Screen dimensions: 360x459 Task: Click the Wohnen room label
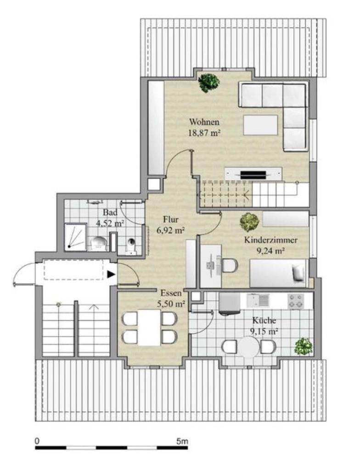coord(204,122)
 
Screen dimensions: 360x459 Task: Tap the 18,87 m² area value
coord(204,133)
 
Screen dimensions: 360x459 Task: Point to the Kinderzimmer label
coord(271,241)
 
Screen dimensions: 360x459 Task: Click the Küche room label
coord(264,320)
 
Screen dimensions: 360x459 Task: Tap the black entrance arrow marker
coord(111,274)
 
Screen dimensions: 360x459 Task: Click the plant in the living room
coord(209,83)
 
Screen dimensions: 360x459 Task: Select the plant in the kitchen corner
coord(304,347)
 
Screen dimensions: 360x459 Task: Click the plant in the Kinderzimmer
coord(249,222)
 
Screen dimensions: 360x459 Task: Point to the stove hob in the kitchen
coord(296,302)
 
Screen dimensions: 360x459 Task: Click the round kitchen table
coord(248,347)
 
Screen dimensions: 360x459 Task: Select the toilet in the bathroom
coord(131,245)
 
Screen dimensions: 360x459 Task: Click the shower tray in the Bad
coord(76,237)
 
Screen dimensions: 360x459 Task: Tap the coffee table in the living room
coord(260,125)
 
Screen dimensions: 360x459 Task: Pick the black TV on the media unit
coord(253,175)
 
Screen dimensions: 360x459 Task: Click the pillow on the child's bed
coord(298,273)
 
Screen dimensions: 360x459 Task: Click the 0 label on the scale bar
coord(37,441)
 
